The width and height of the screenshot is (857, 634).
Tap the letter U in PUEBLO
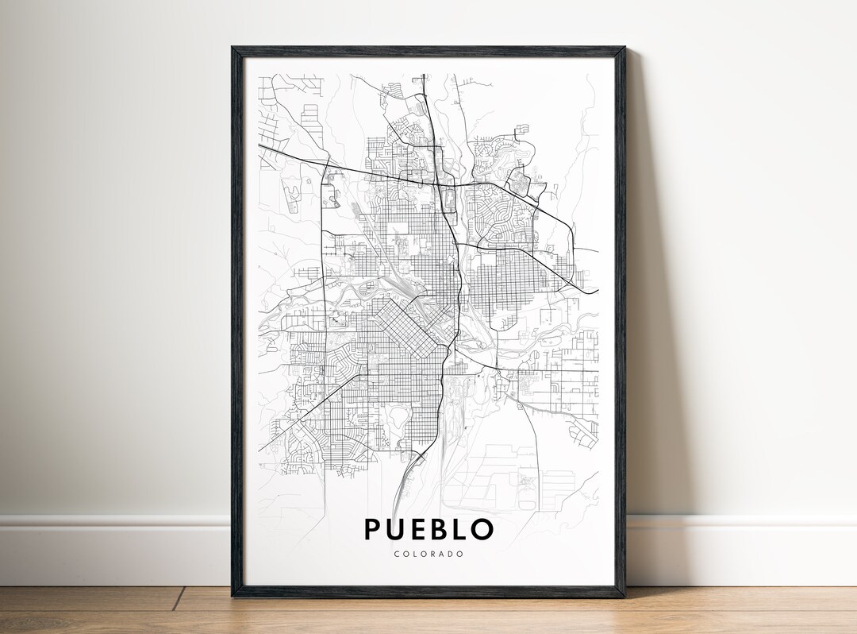click(x=397, y=530)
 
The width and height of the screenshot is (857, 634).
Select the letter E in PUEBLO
click(x=419, y=530)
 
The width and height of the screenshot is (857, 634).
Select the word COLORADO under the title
click(x=428, y=554)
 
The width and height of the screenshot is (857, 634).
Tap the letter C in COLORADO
click(x=396, y=554)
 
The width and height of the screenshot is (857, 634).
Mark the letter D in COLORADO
click(x=452, y=554)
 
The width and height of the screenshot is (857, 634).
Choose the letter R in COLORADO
click(x=433, y=554)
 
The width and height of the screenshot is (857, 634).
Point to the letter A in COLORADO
click(x=443, y=554)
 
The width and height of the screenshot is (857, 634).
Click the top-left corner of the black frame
click(x=233, y=48)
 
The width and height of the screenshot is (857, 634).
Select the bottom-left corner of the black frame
click(x=233, y=595)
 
